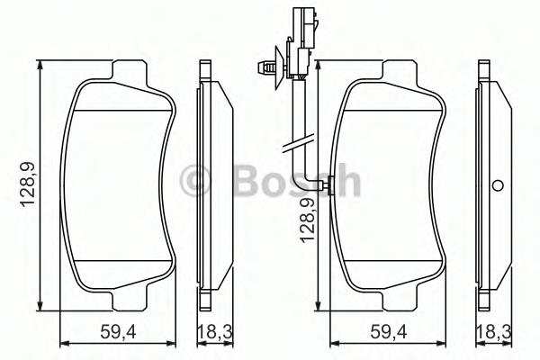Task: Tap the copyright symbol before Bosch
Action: (x=196, y=183)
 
